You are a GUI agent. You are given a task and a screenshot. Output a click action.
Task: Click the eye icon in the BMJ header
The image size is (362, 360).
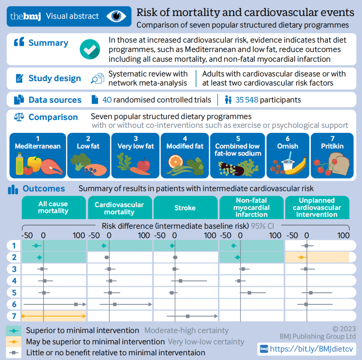tap(116, 16)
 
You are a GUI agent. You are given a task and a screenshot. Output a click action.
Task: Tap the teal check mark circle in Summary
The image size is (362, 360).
tap(90, 49)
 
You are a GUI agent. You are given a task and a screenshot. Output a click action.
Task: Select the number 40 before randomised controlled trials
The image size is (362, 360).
tap(107, 100)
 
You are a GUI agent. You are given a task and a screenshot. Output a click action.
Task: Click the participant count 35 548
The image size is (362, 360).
tap(247, 100)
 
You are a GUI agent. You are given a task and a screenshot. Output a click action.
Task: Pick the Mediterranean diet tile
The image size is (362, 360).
tap(38, 155)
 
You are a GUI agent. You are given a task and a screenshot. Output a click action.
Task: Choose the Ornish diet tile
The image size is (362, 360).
tap(288, 155)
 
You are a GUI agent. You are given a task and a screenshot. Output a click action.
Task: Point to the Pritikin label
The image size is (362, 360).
tap(332, 146)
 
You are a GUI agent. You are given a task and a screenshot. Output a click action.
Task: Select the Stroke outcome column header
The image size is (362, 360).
tap(185, 208)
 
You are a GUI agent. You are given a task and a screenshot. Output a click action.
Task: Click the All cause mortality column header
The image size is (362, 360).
tap(53, 207)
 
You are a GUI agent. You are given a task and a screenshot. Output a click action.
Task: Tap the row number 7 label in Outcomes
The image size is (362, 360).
tap(14, 316)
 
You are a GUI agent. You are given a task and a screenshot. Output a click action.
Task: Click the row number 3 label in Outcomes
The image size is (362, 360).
tap(14, 269)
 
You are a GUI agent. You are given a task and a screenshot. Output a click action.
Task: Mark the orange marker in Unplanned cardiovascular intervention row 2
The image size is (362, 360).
tap(301, 257)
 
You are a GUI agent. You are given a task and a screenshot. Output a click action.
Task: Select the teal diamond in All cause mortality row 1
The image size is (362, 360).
tap(36, 246)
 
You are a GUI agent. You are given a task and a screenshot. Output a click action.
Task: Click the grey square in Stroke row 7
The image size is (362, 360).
tap(188, 316)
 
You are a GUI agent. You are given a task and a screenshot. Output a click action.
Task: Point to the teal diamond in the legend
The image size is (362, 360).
tap(14, 330)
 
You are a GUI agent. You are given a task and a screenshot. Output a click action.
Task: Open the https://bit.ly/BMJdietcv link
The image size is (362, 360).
tap(311, 349)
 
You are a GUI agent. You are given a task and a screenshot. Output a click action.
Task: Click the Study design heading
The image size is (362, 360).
tap(55, 79)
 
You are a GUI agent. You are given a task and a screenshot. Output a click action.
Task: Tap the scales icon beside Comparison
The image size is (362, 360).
tap(19, 117)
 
